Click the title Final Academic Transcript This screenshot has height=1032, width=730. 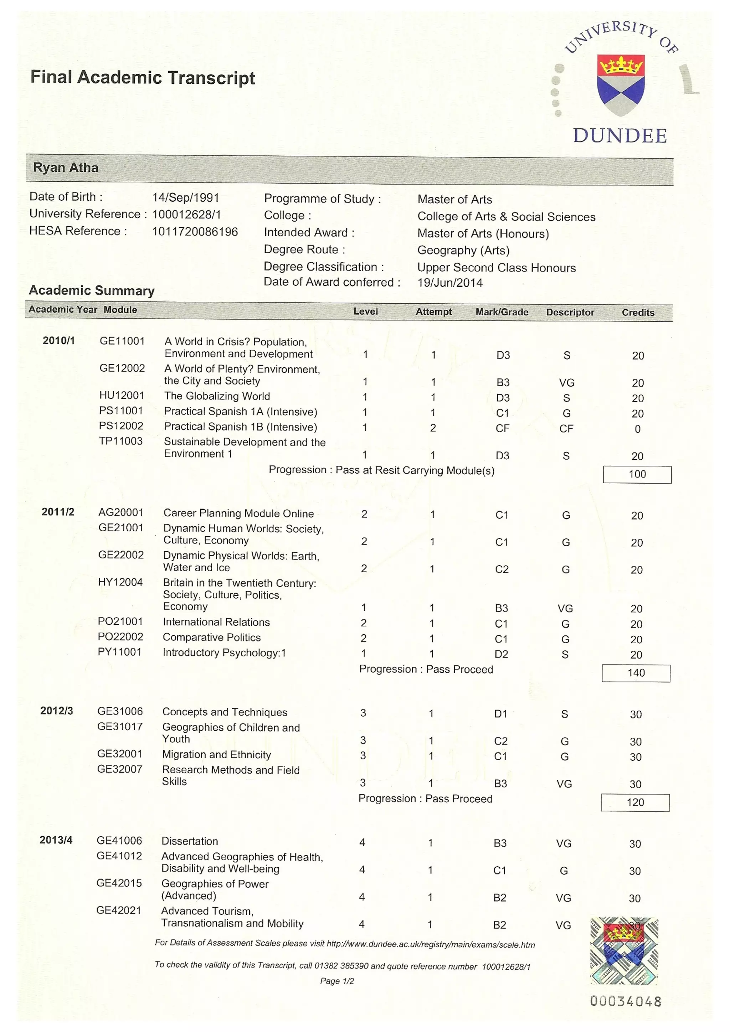(x=143, y=77)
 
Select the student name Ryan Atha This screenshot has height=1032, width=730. (x=66, y=167)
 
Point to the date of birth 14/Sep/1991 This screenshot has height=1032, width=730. (x=186, y=198)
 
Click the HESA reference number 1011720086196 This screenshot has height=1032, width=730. (x=195, y=232)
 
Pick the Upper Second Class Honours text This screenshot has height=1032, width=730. (x=496, y=268)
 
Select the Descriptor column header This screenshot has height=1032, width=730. (x=570, y=313)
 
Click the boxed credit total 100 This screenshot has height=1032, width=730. (x=637, y=474)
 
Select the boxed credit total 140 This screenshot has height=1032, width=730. (x=636, y=673)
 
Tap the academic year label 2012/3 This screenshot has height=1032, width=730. (x=57, y=711)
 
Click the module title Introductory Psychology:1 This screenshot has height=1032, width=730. (x=224, y=652)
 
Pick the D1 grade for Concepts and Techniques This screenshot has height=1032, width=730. (x=500, y=714)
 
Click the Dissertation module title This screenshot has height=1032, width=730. (x=190, y=841)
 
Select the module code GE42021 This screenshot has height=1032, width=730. (x=119, y=910)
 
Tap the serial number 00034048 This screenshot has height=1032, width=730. (x=626, y=1001)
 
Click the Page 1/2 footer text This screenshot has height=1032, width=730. (x=337, y=981)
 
